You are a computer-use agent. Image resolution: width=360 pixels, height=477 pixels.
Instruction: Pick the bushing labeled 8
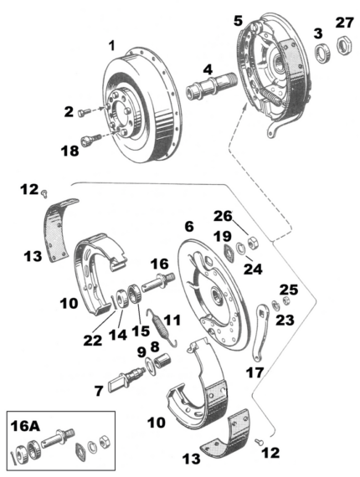pos(158,360)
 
